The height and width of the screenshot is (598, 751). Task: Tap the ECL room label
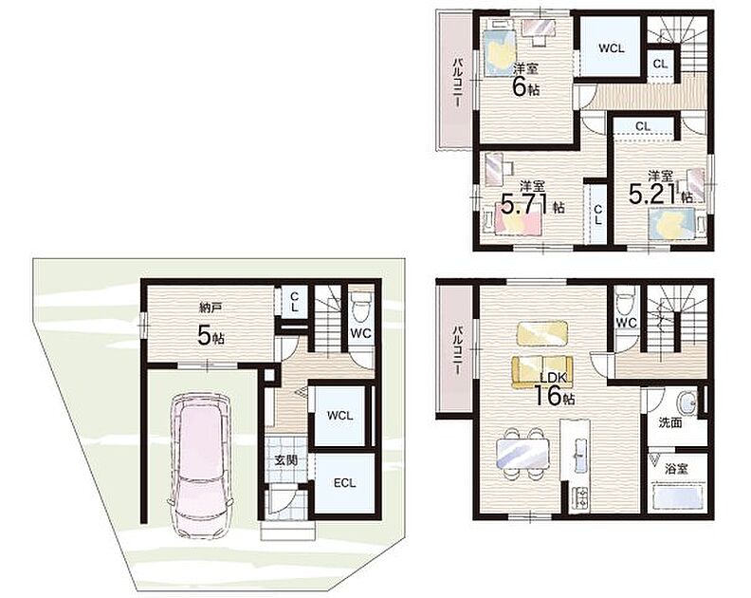[345, 483]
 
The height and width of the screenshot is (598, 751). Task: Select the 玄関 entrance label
[286, 460]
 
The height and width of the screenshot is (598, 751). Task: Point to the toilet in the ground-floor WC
[359, 306]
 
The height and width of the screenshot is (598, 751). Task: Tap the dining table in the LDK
[522, 454]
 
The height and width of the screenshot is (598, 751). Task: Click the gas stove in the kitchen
[581, 498]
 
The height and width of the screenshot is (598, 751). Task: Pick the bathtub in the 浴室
[677, 497]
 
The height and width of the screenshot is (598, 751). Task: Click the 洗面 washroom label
[670, 423]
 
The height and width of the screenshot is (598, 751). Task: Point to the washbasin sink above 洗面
[687, 402]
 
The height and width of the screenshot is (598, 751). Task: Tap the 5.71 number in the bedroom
[524, 205]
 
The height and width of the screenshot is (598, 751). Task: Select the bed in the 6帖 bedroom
[500, 52]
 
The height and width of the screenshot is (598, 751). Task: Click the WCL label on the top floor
[612, 48]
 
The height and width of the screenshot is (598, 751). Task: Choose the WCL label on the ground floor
[339, 416]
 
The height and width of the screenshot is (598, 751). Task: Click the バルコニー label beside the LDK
[458, 350]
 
